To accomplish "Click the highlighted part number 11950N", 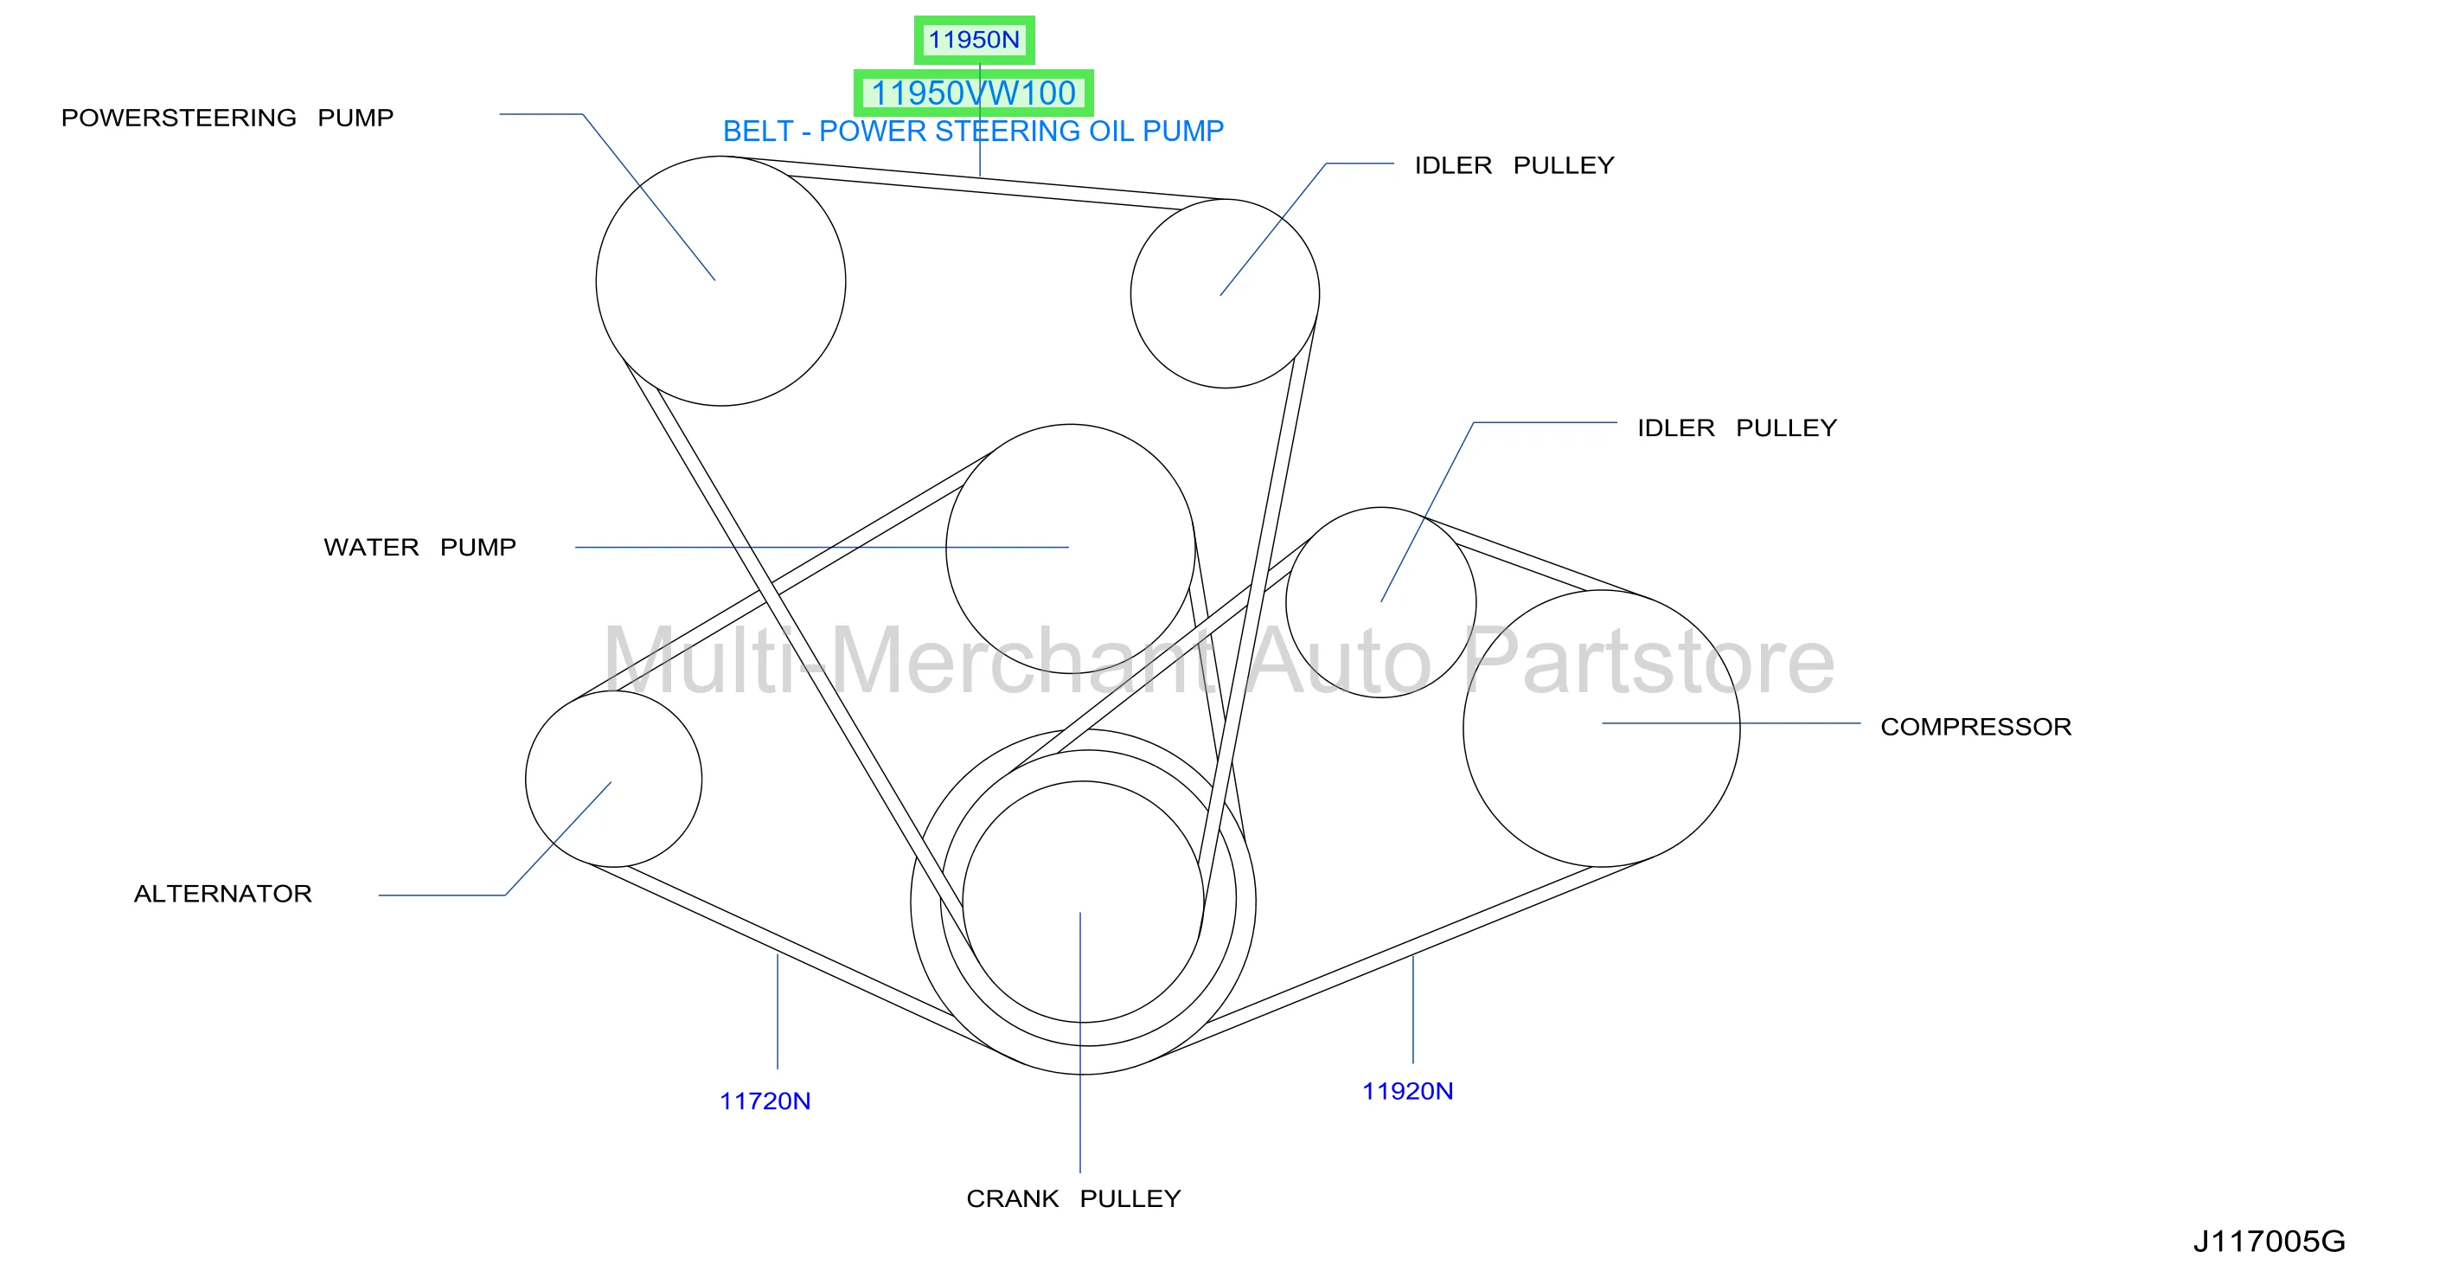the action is point(973,40).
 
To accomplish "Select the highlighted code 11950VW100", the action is point(973,93).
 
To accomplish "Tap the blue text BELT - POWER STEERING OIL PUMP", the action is point(973,131).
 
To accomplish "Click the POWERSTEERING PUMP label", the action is point(227,118).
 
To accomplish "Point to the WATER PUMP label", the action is point(419,548).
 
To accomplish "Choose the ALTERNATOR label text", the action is point(222,894).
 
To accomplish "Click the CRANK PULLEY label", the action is point(1073,1199).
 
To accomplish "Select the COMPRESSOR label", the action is point(1976,727).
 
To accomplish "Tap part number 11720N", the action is point(765,1101).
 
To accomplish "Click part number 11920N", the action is point(1408,1091).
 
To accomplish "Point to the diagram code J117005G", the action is point(2269,1242).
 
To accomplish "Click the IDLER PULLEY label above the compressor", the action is point(1738,428).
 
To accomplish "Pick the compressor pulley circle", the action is point(1740,729).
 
